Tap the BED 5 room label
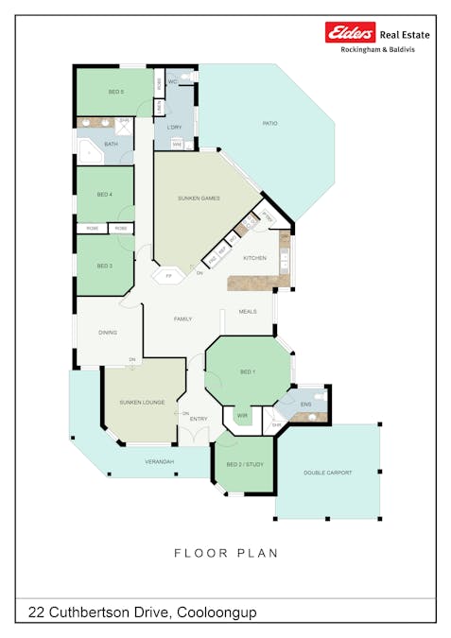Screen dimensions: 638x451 point(116,92)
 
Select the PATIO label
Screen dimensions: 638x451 point(269,124)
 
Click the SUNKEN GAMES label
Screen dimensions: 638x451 point(199,198)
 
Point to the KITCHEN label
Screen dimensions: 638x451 point(254,258)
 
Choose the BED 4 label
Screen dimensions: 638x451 point(105,195)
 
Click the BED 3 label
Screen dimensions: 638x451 point(105,266)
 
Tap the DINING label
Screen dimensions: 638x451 point(108,332)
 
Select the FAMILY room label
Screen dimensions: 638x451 point(182,319)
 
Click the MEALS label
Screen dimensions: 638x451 point(248,311)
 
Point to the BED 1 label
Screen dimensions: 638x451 point(248,372)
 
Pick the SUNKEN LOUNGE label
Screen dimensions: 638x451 point(142,403)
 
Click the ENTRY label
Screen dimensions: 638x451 point(199,419)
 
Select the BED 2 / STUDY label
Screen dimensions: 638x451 point(245,465)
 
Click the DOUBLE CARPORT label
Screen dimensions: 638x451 point(327,473)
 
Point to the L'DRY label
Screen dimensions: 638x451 point(174,127)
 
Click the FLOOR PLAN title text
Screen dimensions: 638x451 point(225,553)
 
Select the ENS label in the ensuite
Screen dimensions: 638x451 point(305,405)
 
